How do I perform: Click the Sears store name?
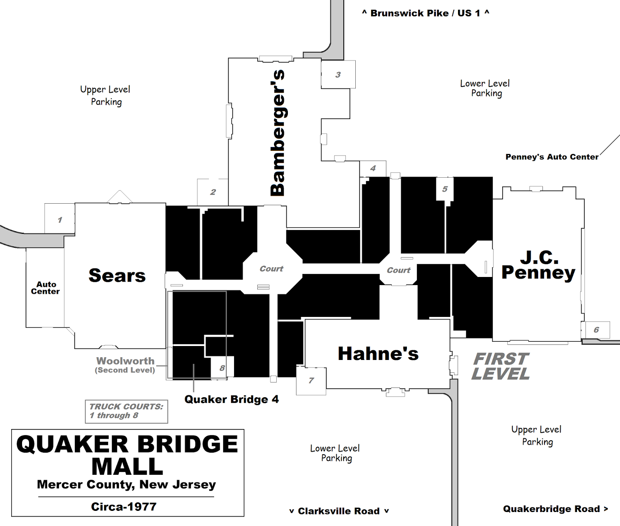coord(117,275)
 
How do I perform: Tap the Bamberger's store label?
coord(278,133)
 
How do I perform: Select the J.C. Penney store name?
coord(538,265)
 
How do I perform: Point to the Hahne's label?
coord(378,354)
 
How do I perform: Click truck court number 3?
coord(338,74)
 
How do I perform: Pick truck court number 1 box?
coord(60,220)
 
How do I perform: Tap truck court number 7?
coord(311,381)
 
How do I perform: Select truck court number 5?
coord(445,189)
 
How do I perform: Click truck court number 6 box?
coord(596,330)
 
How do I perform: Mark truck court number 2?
coord(213,192)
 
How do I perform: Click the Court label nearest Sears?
coord(271,269)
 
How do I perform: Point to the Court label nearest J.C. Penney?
coord(398,270)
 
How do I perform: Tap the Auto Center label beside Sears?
coord(45,288)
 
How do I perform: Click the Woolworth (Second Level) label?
coord(125,365)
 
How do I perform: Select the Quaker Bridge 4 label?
coord(231,400)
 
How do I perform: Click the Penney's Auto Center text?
coord(552,157)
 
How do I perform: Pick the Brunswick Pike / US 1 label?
coord(425,13)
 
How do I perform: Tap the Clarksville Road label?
coord(339,511)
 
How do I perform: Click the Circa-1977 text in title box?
coord(124,507)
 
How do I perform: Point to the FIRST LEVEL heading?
coord(501,366)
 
